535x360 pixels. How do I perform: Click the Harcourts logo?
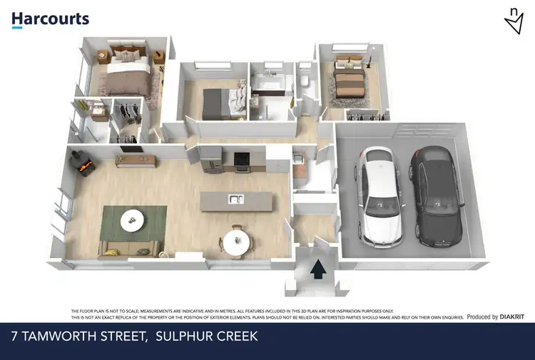[50, 19]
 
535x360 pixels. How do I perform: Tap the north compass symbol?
[513, 22]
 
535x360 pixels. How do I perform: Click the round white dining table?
[236, 241]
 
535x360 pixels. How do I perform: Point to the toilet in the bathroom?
[305, 83]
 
